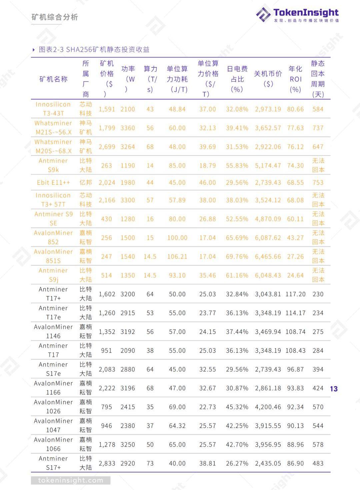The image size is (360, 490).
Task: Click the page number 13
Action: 334,389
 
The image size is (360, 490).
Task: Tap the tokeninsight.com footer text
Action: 71,480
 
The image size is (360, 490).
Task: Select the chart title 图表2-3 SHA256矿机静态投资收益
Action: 94,49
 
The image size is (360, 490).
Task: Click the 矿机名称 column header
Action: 53,79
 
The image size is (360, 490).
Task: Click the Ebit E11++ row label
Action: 53,182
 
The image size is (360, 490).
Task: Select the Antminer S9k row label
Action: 53,165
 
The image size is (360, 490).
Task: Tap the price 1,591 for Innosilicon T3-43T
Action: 107,109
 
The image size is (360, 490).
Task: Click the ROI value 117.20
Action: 295,294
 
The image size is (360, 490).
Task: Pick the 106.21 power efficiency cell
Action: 177,257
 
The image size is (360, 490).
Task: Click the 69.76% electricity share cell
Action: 237,257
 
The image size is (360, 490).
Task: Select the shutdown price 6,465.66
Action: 268,257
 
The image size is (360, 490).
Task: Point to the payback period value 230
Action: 318,294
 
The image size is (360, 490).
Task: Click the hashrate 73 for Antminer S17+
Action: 150,463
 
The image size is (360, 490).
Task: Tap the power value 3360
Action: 128,128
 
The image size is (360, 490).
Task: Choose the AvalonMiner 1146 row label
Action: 53,332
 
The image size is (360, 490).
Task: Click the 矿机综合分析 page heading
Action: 55,17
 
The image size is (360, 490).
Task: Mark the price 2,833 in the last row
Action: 107,463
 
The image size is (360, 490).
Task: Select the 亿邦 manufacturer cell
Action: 86,182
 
